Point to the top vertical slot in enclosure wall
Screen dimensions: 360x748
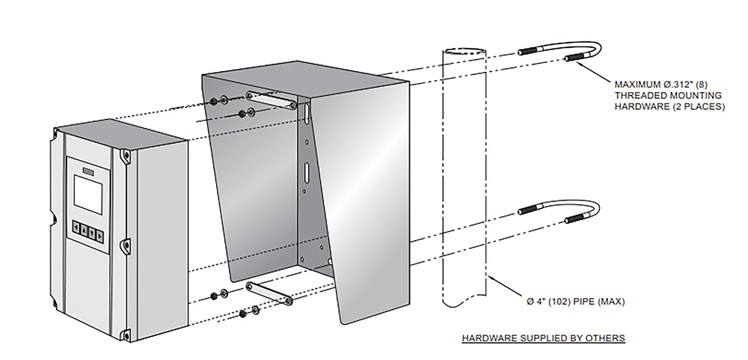307,111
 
